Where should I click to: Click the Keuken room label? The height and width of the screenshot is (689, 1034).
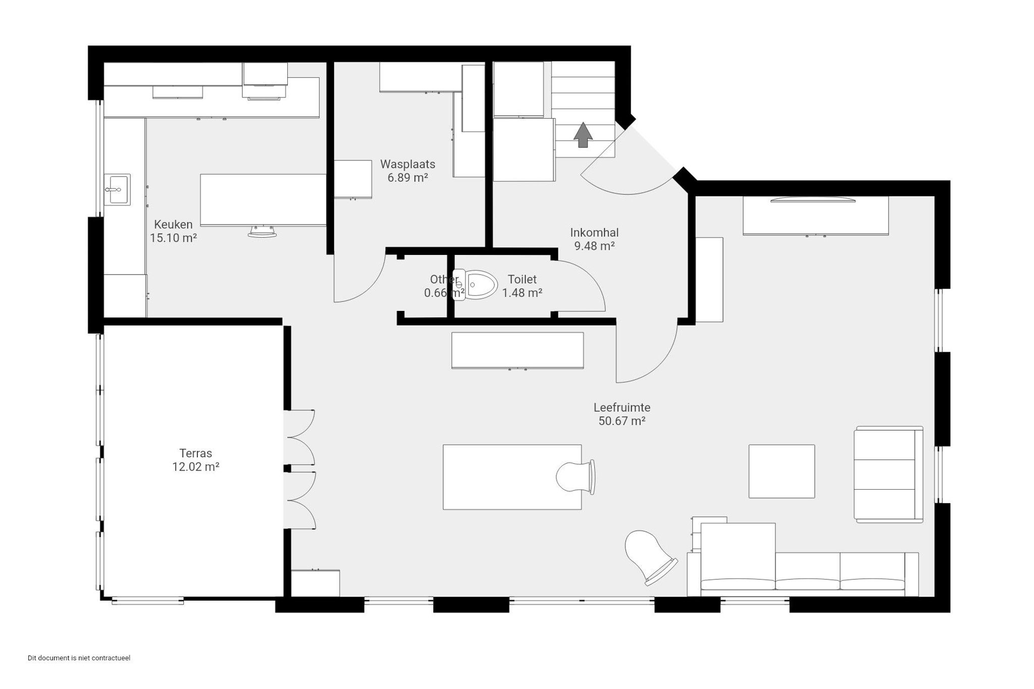[173, 225]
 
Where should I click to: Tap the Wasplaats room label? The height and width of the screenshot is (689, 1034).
[407, 164]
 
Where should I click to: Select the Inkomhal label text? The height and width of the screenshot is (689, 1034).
[594, 233]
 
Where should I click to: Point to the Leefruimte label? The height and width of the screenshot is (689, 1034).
[622, 407]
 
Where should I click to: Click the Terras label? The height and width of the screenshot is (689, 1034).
[195, 453]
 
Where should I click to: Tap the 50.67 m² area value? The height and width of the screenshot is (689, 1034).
[622, 421]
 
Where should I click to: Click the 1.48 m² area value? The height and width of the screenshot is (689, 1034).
[522, 293]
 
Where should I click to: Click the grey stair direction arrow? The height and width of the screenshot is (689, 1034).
[583, 135]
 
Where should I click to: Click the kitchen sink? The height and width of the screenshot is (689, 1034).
[117, 189]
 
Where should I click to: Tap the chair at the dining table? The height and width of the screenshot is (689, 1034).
[576, 477]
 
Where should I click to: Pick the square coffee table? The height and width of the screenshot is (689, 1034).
[782, 471]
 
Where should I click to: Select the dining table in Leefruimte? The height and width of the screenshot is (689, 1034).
[512, 477]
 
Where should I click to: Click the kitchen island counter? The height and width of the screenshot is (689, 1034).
[263, 200]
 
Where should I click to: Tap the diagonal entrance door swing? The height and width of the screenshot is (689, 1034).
[629, 167]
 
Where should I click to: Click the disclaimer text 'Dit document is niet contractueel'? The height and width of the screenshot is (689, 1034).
[79, 658]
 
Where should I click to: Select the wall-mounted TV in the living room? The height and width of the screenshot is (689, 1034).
[813, 200]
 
